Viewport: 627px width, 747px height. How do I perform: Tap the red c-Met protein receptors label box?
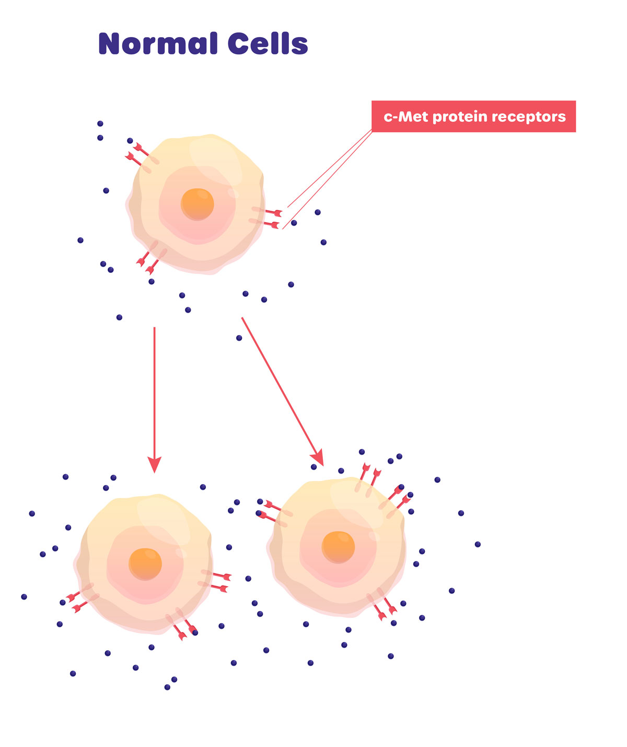pyautogui.click(x=473, y=116)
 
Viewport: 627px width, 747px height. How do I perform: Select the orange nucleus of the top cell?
pyautogui.click(x=198, y=204)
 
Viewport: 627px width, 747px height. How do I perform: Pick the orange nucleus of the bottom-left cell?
pyautogui.click(x=145, y=564)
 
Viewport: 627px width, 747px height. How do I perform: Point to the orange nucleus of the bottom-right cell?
pyautogui.click(x=338, y=547)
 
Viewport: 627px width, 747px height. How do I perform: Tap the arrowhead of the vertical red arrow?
pyautogui.click(x=154, y=464)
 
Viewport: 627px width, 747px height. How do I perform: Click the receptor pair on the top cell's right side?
pyautogui.click(x=266, y=217)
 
